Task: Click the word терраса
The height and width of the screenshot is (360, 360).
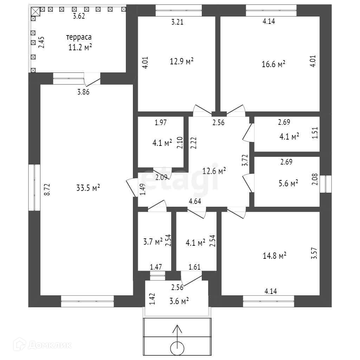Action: tap(79, 37)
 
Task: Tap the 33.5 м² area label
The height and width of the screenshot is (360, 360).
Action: tap(88, 188)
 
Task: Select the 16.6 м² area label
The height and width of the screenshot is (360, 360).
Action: tap(274, 64)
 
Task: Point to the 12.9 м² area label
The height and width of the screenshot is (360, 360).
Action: tap(182, 61)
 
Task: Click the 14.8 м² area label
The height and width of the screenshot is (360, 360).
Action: tap(275, 256)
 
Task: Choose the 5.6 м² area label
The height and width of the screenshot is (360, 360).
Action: tap(288, 183)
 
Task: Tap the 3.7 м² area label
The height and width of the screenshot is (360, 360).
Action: tap(153, 242)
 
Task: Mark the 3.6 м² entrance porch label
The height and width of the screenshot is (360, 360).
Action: tap(179, 301)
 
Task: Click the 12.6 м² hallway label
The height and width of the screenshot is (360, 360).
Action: tap(214, 171)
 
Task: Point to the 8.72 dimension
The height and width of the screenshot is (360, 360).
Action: tap(47, 189)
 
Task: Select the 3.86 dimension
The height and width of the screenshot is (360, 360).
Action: tap(83, 92)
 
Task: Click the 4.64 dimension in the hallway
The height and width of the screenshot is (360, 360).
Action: tap(195, 201)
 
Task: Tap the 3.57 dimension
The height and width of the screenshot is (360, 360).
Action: tap(314, 253)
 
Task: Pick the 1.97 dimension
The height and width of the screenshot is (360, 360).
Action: tap(161, 122)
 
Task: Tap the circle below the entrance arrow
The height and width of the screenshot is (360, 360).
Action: tap(177, 348)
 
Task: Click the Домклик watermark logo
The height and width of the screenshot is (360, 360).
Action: tap(42, 345)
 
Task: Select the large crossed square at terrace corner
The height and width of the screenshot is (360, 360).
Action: tap(36, 11)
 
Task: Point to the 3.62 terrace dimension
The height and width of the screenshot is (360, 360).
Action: tap(79, 16)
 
